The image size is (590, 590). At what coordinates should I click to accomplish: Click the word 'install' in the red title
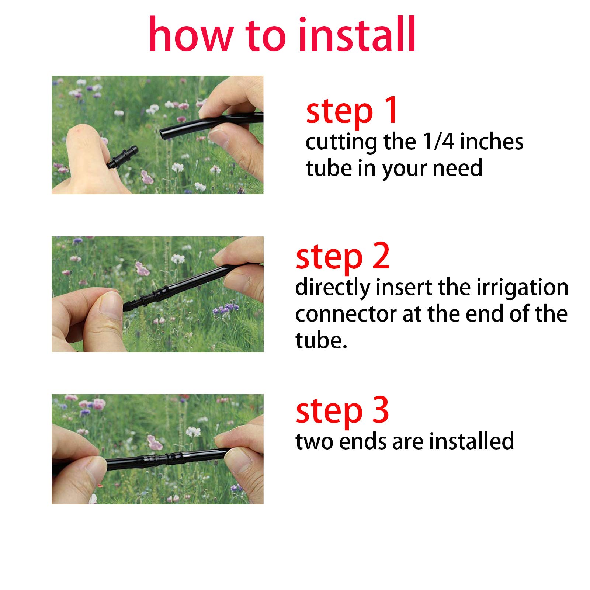(357, 34)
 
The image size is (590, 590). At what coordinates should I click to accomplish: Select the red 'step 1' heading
(351, 110)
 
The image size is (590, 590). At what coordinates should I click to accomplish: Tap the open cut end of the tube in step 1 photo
(163, 133)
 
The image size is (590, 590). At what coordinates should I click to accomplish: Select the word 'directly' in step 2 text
(333, 288)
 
